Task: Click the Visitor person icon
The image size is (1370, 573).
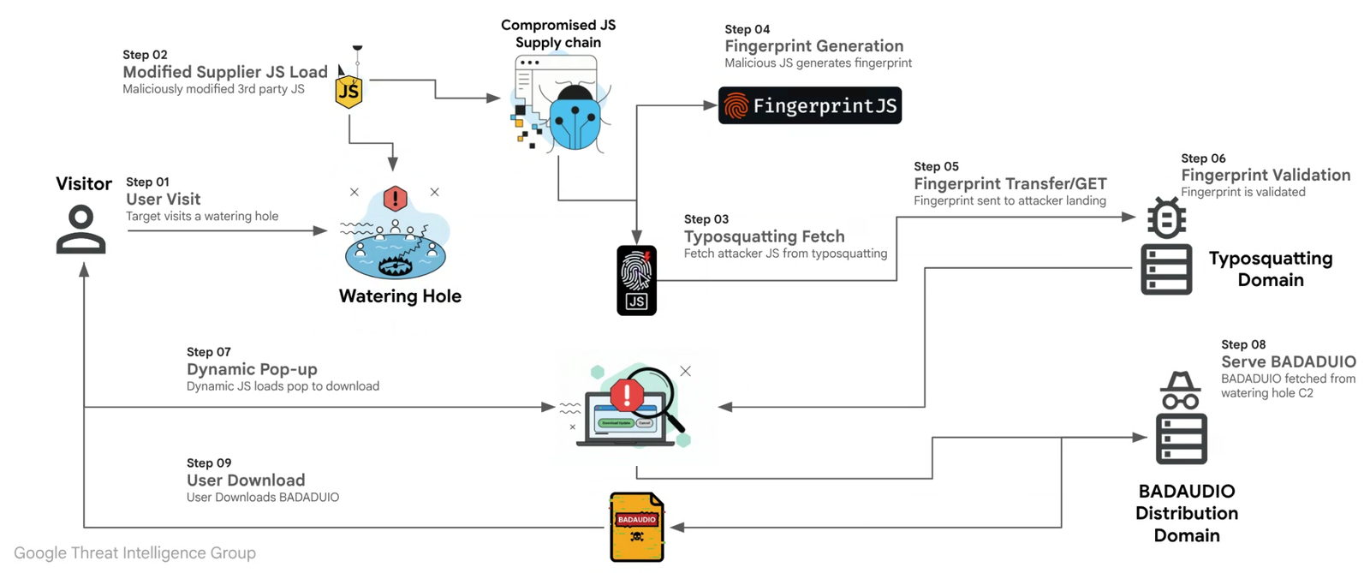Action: pos(81,230)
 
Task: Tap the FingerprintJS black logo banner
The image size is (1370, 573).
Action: pos(809,105)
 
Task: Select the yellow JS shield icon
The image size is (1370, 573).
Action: pos(348,90)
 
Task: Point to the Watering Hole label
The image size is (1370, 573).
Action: pos(400,296)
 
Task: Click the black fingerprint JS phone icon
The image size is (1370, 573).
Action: pos(636,280)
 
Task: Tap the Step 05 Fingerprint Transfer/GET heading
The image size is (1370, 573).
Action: pos(1010,183)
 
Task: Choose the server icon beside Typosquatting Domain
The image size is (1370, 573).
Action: pos(1165,268)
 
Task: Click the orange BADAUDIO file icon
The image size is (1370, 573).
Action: pos(636,527)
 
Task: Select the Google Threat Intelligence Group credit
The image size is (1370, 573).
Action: pos(134,553)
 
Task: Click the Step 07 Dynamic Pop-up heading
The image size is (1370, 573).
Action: pos(252,369)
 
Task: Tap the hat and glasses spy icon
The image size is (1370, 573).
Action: pos(1180,391)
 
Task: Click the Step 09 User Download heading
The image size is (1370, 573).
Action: pos(246,480)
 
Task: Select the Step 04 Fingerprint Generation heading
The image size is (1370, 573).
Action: pos(813,46)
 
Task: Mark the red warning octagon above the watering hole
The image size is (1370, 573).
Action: pos(395,199)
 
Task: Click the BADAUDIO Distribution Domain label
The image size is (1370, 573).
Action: pos(1186,513)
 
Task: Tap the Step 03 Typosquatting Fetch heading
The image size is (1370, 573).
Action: pos(764,236)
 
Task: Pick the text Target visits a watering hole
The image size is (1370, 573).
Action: pos(202,216)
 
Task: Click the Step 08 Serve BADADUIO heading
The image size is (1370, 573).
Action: pos(1288,361)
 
